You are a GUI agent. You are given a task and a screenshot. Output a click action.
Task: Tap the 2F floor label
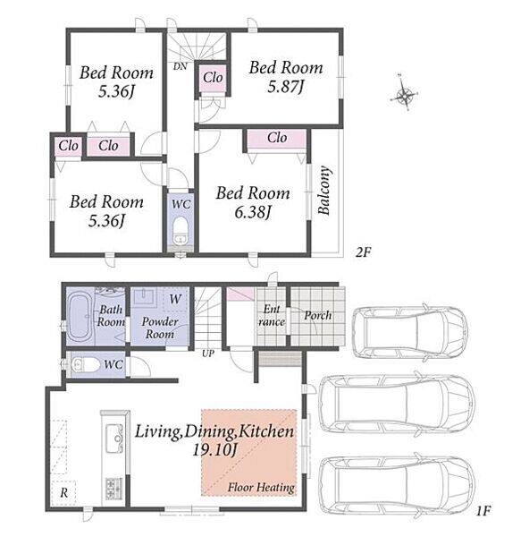point(363,252)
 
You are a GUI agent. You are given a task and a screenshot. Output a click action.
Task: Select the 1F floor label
point(483,511)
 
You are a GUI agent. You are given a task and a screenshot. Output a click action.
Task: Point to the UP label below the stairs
point(208,354)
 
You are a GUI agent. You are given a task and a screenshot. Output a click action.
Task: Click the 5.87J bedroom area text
point(286,87)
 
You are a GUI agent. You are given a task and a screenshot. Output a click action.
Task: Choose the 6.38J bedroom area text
point(253,212)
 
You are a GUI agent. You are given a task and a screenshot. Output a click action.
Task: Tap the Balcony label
point(324,191)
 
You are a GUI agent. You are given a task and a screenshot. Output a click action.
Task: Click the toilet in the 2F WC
point(181,230)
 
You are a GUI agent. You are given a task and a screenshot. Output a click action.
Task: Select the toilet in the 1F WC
point(80,364)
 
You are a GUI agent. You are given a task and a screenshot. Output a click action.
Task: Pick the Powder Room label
point(160,328)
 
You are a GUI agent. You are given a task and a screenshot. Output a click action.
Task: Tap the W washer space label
point(175,299)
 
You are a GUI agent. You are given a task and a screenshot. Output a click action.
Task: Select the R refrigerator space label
point(64,493)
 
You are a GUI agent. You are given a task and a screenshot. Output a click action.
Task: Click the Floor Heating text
point(261,487)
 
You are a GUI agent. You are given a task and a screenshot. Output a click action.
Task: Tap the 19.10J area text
point(214,449)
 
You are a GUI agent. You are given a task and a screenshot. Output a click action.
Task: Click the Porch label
point(318,315)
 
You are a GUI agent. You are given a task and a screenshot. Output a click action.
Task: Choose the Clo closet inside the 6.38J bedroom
point(277,138)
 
